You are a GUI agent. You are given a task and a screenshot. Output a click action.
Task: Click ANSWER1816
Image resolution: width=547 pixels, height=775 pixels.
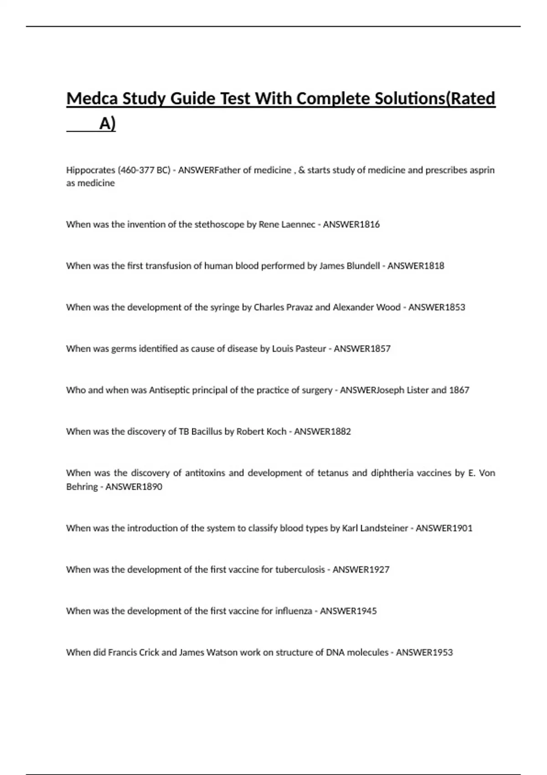point(351,224)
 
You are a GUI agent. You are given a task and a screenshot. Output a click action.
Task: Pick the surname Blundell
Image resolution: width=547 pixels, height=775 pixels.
point(363,266)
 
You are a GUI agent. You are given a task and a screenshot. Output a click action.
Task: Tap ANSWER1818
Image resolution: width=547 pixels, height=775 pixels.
point(416,266)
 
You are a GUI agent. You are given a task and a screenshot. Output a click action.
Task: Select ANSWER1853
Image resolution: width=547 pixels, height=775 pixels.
point(437,307)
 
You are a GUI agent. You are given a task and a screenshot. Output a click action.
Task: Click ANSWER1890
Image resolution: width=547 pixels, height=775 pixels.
point(134,487)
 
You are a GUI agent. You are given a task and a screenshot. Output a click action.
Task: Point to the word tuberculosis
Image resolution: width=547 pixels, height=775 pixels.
point(300,570)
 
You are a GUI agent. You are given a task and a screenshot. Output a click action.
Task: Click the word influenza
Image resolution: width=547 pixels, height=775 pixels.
point(294,611)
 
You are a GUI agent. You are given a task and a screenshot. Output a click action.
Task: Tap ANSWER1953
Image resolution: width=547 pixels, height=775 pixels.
point(424,653)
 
